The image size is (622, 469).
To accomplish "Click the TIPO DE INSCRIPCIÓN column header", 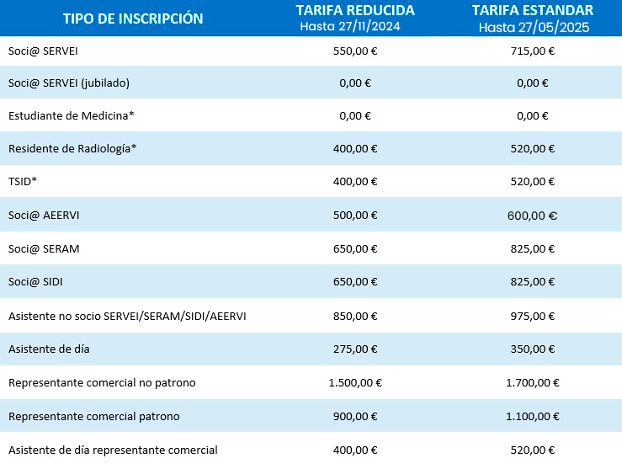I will pos(133,19).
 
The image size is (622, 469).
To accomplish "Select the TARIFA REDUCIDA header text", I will pos(355,11).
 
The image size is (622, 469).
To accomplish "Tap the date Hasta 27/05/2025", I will pos(534,27).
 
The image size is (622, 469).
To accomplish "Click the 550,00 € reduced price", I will pos(355,51).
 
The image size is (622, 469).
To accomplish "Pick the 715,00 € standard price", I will pos(533,51).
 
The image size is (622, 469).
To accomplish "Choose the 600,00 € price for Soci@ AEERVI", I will pos(533,216).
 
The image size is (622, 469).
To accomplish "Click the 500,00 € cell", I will pos(355,216).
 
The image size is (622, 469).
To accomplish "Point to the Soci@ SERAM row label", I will pos(44,248).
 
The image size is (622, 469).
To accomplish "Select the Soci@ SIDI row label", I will pos(38,282).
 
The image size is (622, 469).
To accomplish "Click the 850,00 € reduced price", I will pos(355,316).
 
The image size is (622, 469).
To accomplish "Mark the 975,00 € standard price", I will pos(533,316).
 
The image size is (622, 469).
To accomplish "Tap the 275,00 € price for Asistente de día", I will pos(355,349).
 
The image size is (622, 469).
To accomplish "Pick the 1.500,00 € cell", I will pos(355,382).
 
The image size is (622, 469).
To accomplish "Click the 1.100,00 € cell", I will pos(533,416).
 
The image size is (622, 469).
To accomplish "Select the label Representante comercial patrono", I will pos(93,416).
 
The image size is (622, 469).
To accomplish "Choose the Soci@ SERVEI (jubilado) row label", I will pos(68,83).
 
